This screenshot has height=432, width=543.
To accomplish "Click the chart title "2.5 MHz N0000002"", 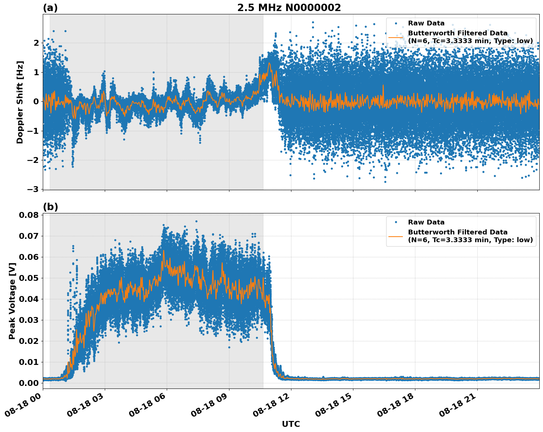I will (x=289, y=8).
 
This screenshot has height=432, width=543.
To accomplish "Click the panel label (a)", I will (x=50, y=8).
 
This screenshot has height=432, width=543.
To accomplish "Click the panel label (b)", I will (x=50, y=207).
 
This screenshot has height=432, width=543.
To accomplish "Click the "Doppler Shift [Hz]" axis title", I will (x=20, y=102).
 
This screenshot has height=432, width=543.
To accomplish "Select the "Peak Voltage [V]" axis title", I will (x=12, y=301).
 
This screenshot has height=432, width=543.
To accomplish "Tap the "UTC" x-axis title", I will (x=291, y=424).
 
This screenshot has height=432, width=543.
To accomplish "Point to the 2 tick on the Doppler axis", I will (x=36, y=43).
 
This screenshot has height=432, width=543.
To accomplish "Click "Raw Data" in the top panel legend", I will (x=426, y=23).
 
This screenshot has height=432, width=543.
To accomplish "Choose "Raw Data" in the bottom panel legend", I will (x=426, y=222).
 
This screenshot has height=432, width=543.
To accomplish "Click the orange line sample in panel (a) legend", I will (x=396, y=37).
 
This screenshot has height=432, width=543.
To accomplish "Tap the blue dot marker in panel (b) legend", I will (x=396, y=222).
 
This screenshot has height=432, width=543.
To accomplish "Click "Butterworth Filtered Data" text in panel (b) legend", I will (x=457, y=232).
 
